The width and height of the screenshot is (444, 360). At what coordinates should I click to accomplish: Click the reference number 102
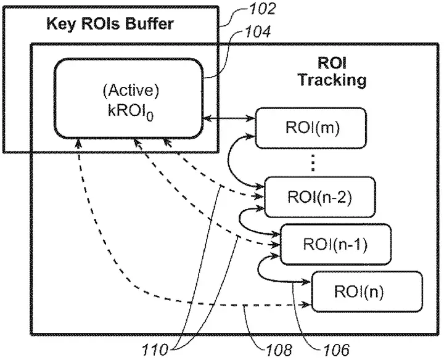pos(263,9)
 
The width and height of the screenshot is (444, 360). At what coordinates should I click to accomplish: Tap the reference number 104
pos(258,31)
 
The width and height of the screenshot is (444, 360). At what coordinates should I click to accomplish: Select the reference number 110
pos(155,350)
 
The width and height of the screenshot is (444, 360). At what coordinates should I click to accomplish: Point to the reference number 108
pos(278,350)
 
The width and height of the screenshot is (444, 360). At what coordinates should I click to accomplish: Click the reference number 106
pos(336,350)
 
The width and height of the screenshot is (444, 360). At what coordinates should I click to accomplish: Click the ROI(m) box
pos(311,128)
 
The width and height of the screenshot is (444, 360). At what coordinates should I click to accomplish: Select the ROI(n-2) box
pos(319,197)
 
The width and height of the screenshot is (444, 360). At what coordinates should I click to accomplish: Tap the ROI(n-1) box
pos(335,244)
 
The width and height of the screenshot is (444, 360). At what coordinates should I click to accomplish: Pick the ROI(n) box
pos(367,291)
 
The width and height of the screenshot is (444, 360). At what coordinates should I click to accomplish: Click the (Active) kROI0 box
pos(129,99)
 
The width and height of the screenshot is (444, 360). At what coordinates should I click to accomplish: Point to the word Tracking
pos(332,80)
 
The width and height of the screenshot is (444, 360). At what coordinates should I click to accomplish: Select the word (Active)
pos(131,90)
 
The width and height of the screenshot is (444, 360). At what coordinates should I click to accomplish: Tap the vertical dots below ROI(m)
pos(313,163)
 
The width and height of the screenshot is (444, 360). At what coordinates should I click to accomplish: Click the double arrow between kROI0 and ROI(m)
pos(229,118)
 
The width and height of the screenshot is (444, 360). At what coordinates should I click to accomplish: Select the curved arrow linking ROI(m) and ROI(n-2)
pos(229,162)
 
